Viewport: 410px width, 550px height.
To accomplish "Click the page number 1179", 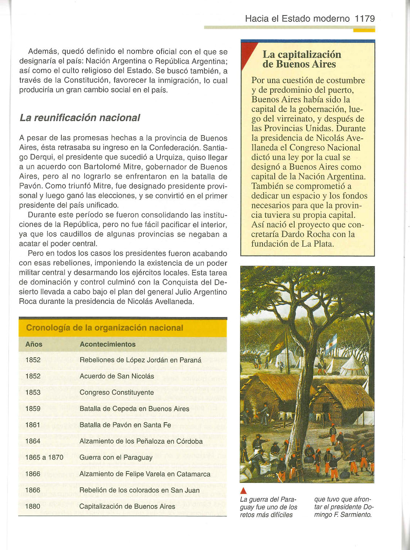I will [x=365, y=18].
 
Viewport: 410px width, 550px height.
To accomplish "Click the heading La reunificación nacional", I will [x=80, y=118].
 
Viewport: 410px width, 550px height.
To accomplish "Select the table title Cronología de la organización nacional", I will [x=105, y=328].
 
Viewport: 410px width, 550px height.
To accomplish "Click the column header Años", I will [x=34, y=344].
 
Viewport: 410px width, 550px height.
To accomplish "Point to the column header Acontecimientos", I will [x=108, y=344].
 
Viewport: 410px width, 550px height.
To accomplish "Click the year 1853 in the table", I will [x=33, y=392].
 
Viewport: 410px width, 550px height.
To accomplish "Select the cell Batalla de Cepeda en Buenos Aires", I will [x=134, y=409].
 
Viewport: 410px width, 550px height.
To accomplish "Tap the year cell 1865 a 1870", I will [x=44, y=457].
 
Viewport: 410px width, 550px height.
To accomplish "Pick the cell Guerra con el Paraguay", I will [x=116, y=457].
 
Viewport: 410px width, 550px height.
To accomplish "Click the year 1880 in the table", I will [x=33, y=506].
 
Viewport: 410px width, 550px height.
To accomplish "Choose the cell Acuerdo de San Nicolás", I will [x=117, y=376].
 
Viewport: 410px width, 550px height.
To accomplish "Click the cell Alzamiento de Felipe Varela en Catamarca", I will [x=145, y=474].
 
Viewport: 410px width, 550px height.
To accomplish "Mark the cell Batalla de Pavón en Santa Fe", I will [x=125, y=425].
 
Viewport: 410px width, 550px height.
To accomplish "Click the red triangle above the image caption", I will [x=243, y=491].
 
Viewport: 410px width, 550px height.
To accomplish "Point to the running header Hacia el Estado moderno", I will [x=297, y=18].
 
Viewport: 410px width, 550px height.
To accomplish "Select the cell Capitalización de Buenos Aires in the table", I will [x=127, y=506].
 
